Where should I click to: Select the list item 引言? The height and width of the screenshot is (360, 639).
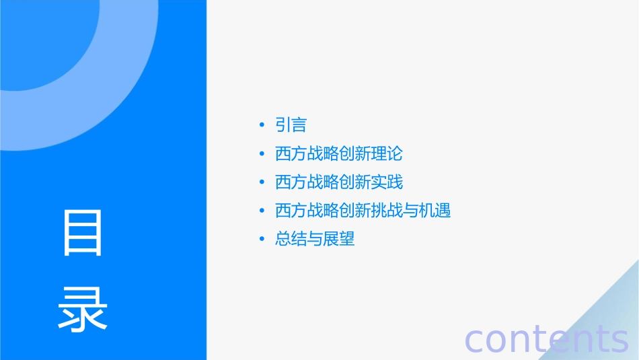(291, 125)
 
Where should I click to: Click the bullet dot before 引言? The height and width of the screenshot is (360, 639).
(262, 125)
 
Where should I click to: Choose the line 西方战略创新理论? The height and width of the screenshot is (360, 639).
(338, 153)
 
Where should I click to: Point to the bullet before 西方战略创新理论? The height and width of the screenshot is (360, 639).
(262, 153)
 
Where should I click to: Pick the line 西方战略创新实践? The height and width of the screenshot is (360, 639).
(338, 182)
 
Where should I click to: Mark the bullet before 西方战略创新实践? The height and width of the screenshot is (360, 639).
(262, 182)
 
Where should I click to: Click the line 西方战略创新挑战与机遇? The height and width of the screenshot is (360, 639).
(363, 211)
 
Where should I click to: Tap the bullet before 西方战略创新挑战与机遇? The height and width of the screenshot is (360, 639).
(262, 211)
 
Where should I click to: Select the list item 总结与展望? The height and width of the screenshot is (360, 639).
(315, 239)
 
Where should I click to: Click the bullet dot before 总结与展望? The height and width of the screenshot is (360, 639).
(262, 239)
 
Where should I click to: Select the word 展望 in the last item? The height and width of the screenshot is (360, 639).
(339, 239)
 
